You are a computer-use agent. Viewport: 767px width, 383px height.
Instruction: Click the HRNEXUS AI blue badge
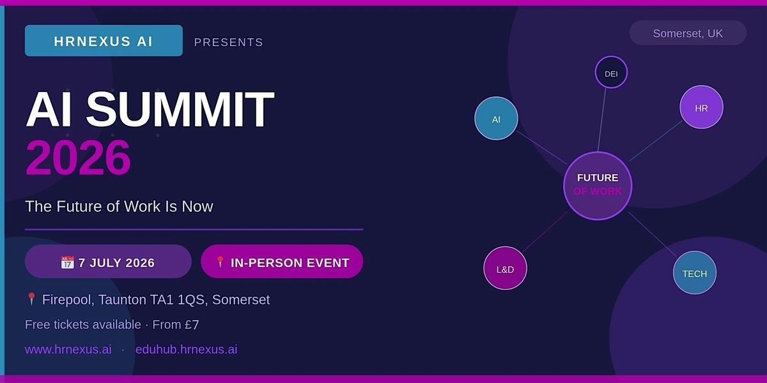click(104, 41)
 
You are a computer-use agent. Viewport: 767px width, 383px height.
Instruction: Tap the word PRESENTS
click(229, 42)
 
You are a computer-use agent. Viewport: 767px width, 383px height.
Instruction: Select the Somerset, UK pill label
click(688, 33)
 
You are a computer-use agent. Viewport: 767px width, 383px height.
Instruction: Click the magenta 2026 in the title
click(78, 157)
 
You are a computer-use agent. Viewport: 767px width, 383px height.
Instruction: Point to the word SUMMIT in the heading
click(180, 109)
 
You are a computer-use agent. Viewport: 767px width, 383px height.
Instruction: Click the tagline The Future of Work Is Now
click(119, 207)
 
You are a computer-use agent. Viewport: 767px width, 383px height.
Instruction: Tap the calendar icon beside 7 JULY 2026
click(67, 262)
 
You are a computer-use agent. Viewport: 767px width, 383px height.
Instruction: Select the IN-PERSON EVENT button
click(282, 262)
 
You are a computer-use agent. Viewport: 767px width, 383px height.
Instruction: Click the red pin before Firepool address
click(31, 299)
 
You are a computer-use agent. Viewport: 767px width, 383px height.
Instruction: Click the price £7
click(192, 325)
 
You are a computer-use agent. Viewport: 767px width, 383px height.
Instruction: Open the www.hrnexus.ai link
click(68, 350)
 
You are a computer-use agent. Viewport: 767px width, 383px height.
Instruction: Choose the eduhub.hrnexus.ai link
click(186, 350)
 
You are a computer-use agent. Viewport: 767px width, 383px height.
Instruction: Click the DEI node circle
click(611, 73)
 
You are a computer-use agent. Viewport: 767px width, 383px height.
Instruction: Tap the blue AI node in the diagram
click(496, 118)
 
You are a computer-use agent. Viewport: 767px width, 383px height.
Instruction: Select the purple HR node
click(701, 107)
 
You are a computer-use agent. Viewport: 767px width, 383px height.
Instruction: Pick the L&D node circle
click(505, 268)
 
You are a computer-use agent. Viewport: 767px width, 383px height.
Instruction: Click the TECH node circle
click(694, 273)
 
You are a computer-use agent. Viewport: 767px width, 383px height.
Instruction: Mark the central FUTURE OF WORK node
click(598, 186)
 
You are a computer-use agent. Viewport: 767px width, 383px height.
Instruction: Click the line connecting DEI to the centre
click(601, 120)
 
